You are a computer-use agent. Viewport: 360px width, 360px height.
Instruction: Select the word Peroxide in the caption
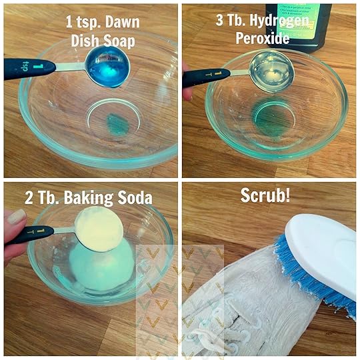click(x=263, y=38)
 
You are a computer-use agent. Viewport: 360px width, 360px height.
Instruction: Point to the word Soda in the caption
click(x=135, y=197)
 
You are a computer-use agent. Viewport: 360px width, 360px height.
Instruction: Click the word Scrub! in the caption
click(x=265, y=195)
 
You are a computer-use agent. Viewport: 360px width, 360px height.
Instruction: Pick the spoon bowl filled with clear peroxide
click(x=272, y=71)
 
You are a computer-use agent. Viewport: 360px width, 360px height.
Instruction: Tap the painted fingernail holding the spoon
click(x=16, y=217)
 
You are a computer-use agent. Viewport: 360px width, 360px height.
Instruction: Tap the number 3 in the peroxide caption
click(x=219, y=21)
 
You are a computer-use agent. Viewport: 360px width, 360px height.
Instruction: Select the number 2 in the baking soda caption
click(x=29, y=197)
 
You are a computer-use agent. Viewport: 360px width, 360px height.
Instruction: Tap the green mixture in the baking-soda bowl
click(x=101, y=266)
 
